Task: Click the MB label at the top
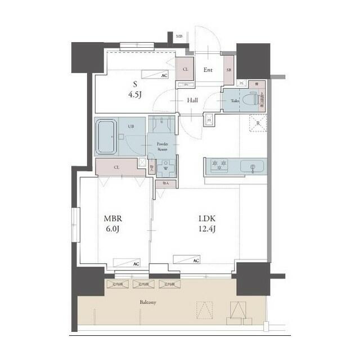click(x=179, y=37)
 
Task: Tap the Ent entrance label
click(x=208, y=70)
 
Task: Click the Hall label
click(x=192, y=100)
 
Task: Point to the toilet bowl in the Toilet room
click(x=251, y=100)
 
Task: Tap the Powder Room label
click(x=163, y=146)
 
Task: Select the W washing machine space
click(x=166, y=167)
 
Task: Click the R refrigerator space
click(x=258, y=123)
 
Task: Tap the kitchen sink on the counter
click(x=252, y=166)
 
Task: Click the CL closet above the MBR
click(x=116, y=167)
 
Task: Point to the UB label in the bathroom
click(x=130, y=127)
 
